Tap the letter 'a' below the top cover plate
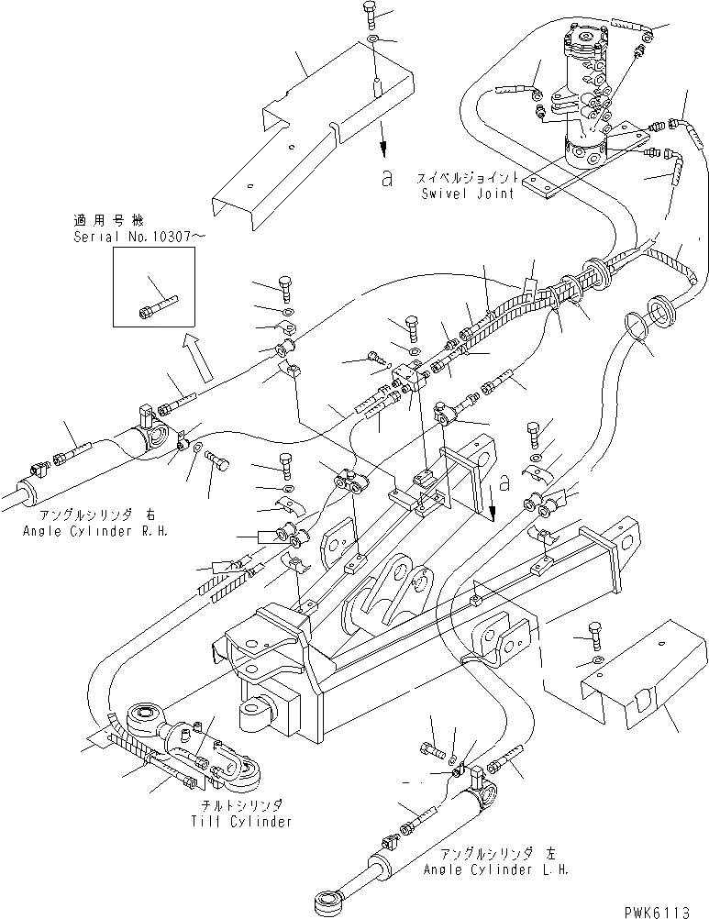pyautogui.click(x=387, y=177)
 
